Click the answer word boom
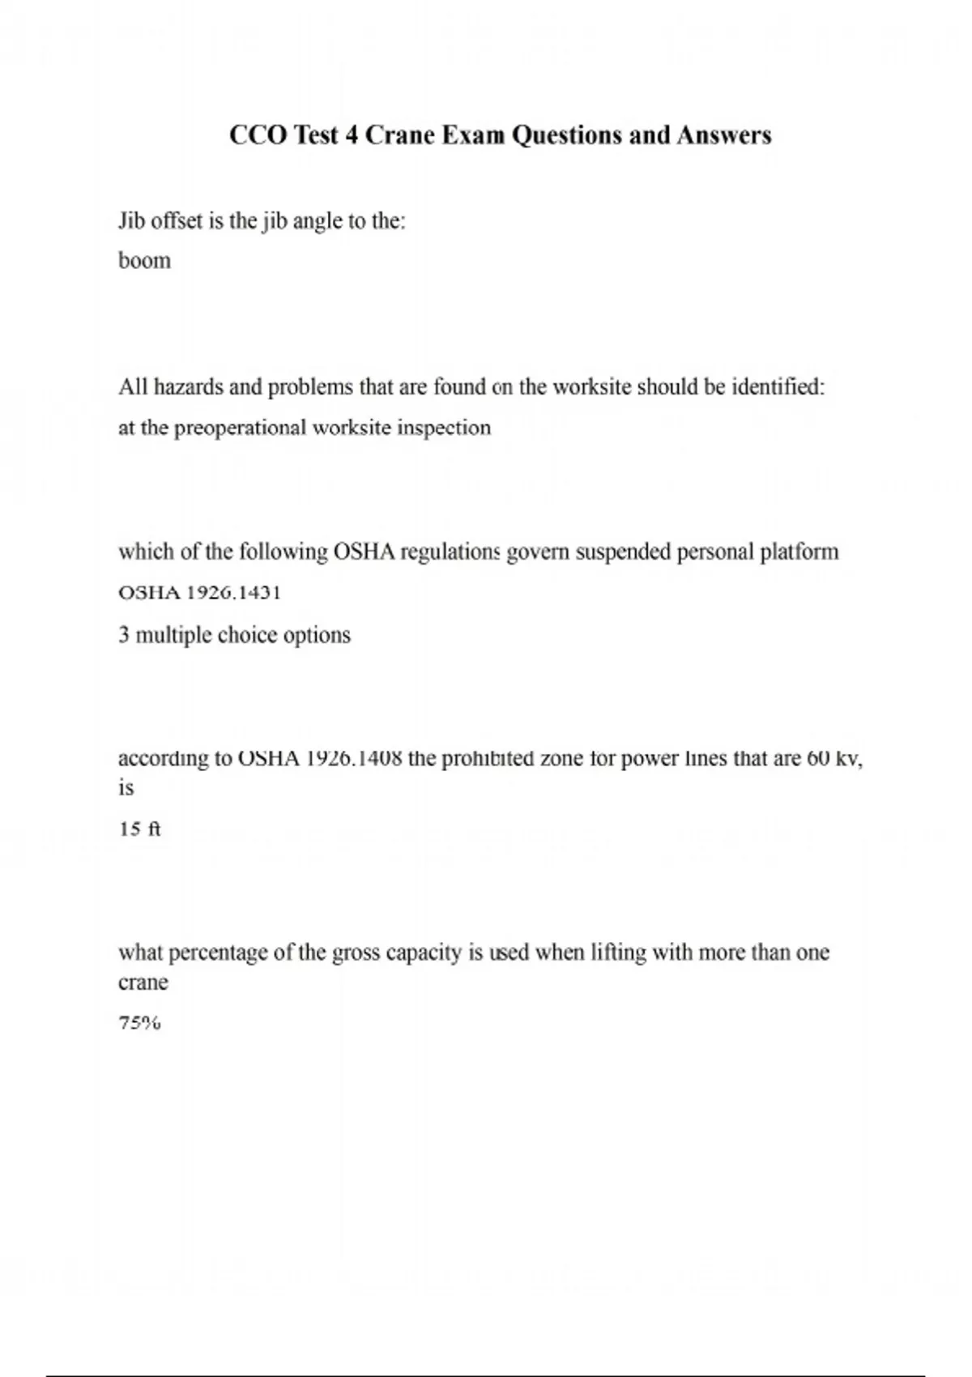coord(144,261)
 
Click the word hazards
coord(189,387)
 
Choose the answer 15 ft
coord(139,829)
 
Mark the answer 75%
coord(139,1023)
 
